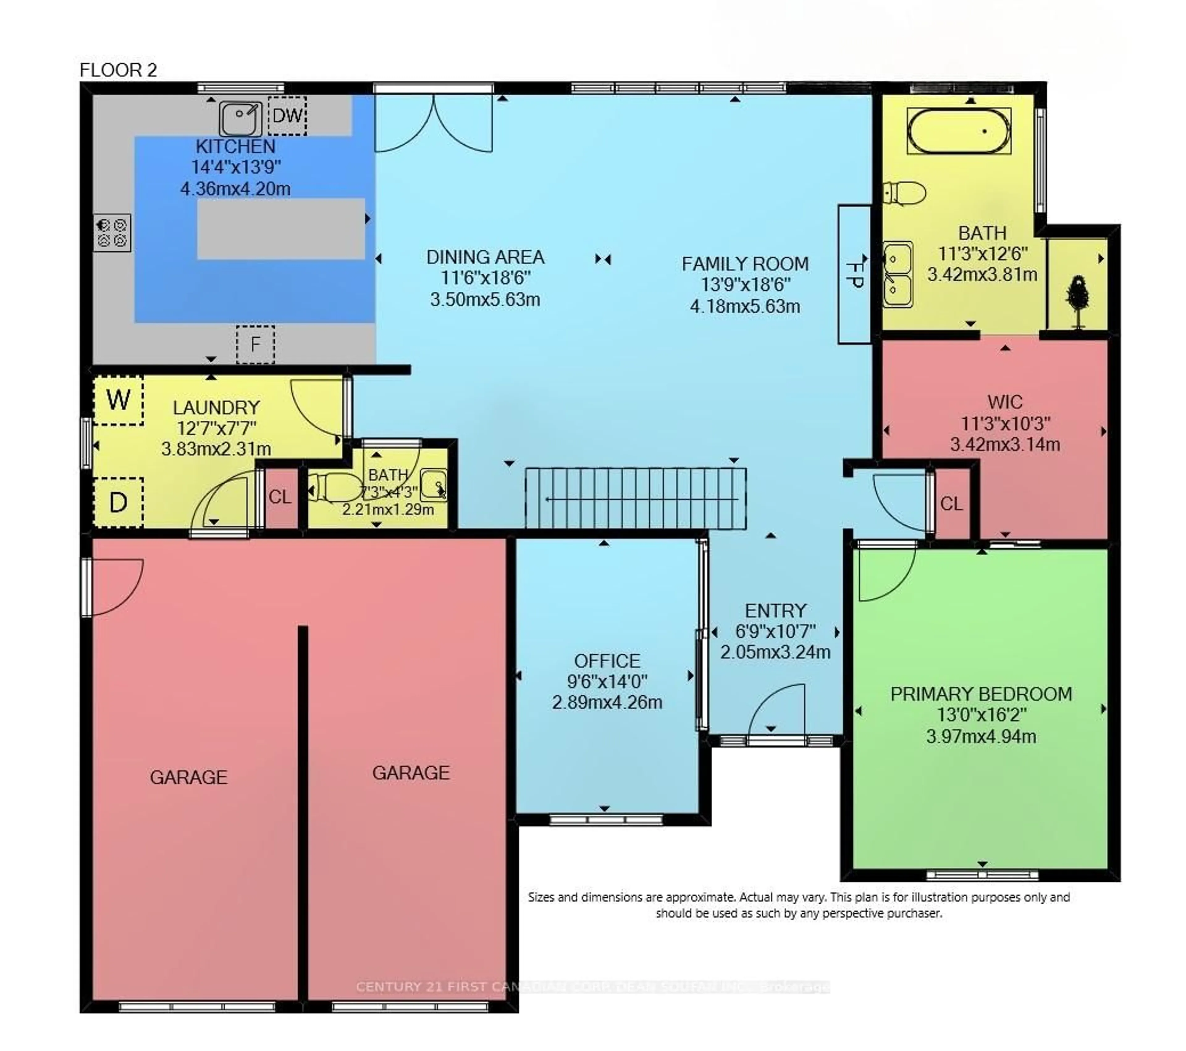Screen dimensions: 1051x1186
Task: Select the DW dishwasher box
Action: coord(287,116)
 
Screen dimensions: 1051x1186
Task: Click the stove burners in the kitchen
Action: coord(112,233)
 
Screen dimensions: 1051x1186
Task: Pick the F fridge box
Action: coord(255,344)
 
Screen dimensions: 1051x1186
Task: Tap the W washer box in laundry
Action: coord(118,400)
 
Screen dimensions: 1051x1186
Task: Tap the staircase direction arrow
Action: coord(638,499)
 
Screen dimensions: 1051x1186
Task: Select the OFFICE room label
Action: coord(607,661)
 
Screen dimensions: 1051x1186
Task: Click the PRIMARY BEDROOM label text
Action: coord(981,694)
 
